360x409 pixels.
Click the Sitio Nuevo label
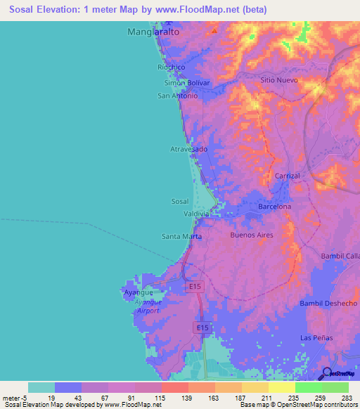279,81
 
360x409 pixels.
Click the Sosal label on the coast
180,201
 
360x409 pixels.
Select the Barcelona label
275,207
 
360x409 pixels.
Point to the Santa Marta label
181,236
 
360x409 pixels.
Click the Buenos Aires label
252,235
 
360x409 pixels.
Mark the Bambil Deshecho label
328,303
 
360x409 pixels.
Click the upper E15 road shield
195,287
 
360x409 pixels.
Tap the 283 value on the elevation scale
347,398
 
